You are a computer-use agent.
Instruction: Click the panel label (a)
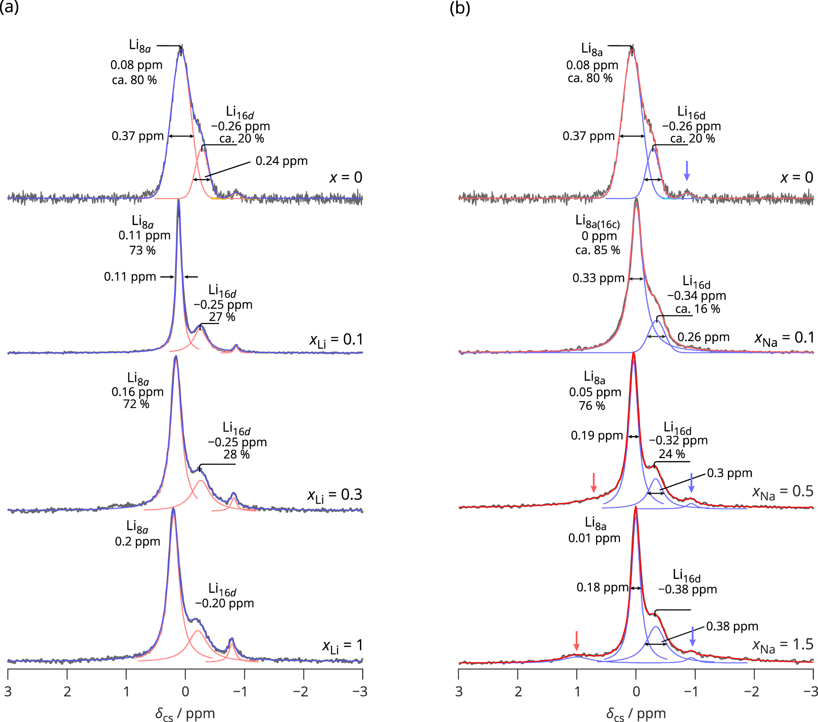coord(9,8)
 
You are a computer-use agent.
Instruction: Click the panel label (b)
coord(460,8)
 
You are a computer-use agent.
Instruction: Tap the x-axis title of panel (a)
coord(185,713)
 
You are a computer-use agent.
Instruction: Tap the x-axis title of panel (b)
coord(636,713)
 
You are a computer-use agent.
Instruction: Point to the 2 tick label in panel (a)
coord(67,692)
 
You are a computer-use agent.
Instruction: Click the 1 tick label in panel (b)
coord(577,692)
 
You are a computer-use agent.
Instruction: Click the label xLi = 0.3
coord(335,496)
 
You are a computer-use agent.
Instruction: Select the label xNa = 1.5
coord(782,645)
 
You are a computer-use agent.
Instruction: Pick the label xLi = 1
coord(342,646)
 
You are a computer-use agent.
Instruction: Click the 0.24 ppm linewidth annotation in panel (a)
coord(281,161)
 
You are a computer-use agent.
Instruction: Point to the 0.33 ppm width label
coord(598,278)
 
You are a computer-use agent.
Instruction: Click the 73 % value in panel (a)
coord(142,250)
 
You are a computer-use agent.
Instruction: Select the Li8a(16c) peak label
coord(597,221)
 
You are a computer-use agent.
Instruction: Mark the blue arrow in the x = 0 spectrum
coord(687,170)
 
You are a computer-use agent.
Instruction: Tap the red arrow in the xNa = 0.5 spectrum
coord(594,483)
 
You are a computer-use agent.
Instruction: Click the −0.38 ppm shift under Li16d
coord(687,590)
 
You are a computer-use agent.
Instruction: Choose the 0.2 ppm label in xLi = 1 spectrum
coord(138,541)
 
